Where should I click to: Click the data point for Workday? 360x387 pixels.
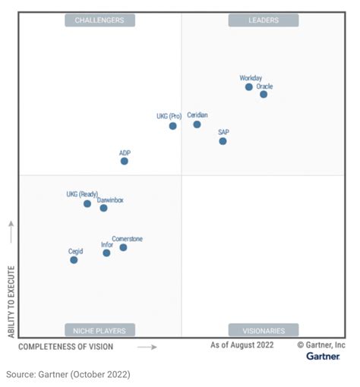click(248, 87)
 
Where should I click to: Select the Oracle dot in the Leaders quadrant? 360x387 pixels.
click(264, 95)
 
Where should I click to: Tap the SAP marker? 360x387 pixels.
click(223, 141)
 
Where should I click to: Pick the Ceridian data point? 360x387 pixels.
click(197, 124)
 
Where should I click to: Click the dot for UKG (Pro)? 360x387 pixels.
click(173, 126)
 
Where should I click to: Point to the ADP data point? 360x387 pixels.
click(125, 161)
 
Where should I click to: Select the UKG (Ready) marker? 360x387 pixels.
click(87, 204)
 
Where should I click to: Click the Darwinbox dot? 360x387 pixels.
click(103, 208)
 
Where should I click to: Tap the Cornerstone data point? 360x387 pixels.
click(123, 247)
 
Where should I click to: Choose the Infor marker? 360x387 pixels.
click(106, 253)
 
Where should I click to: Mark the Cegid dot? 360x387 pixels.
click(74, 260)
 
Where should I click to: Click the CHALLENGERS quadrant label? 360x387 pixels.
click(99, 20)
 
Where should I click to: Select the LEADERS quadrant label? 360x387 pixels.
click(264, 20)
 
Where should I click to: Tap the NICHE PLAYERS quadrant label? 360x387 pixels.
click(99, 330)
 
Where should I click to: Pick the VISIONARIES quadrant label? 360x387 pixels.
click(264, 330)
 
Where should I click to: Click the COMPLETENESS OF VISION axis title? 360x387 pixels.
click(65, 347)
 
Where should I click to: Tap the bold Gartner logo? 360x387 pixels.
click(323, 356)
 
